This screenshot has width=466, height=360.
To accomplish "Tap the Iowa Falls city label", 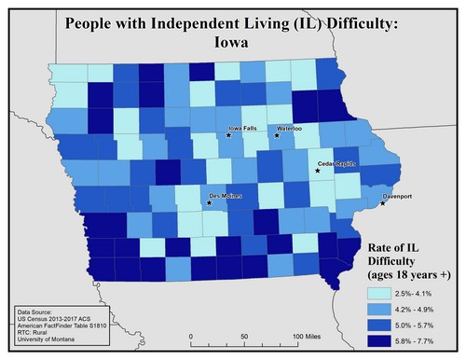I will click(x=243, y=128).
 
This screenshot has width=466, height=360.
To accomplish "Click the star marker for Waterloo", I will click(x=276, y=136).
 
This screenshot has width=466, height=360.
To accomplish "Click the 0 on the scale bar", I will click(x=190, y=336).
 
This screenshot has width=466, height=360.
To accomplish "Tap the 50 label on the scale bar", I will click(x=244, y=336).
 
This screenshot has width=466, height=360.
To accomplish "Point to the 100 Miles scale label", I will click(x=307, y=336).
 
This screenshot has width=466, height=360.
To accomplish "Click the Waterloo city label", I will click(x=291, y=128).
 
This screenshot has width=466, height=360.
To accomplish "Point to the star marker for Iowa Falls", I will click(x=227, y=136).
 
